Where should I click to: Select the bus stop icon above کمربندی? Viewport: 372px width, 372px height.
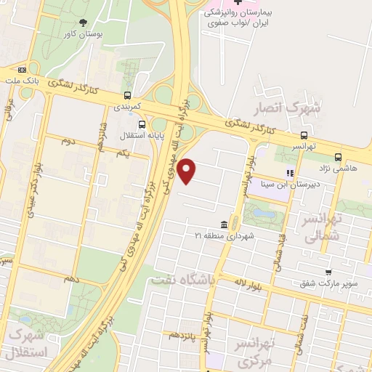[128, 94]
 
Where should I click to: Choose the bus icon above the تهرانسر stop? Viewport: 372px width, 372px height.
[304, 134]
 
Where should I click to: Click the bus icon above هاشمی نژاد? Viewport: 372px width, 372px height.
[339, 156]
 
